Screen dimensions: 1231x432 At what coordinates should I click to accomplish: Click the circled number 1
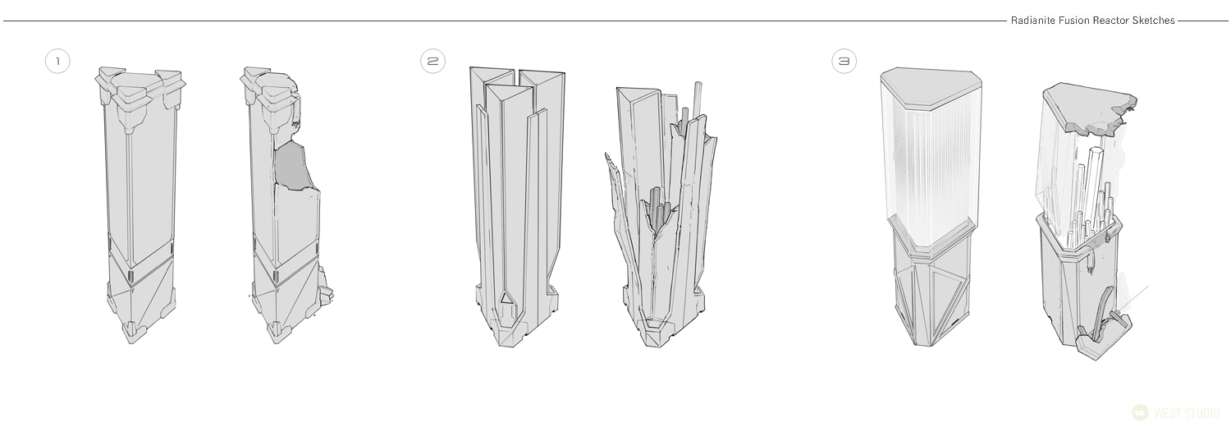pyautogui.click(x=57, y=61)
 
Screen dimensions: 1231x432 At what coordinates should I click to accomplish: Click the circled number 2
pyautogui.click(x=433, y=61)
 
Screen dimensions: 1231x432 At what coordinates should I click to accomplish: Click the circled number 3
pyautogui.click(x=844, y=61)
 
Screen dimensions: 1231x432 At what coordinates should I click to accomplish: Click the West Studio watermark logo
pyautogui.click(x=1176, y=413)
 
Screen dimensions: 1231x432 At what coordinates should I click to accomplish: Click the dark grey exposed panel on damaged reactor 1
pyautogui.click(x=293, y=165)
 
